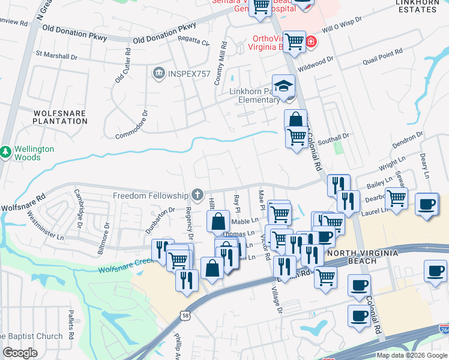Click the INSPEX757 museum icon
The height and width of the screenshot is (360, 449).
pyautogui.click(x=159, y=74)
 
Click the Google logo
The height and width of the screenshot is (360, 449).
pyautogui.click(x=20, y=353)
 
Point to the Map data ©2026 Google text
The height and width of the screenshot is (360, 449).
pyautogui.click(x=412, y=355)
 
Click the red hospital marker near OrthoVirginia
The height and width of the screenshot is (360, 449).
pyautogui.click(x=311, y=43)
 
